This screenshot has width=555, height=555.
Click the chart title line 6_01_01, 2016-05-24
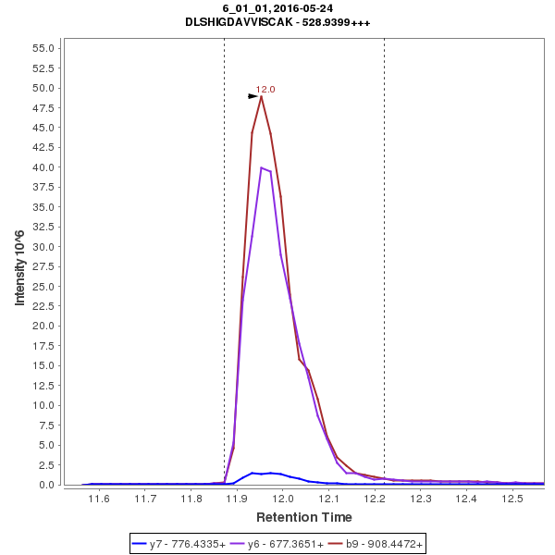(277, 8)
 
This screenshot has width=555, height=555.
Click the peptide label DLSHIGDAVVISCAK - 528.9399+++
(277, 22)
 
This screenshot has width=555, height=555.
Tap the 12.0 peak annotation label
(265, 90)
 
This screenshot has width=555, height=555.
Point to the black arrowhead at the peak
(253, 95)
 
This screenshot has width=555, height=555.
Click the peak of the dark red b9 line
(262, 96)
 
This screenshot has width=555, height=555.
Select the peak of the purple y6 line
(262, 167)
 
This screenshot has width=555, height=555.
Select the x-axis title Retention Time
(303, 516)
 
